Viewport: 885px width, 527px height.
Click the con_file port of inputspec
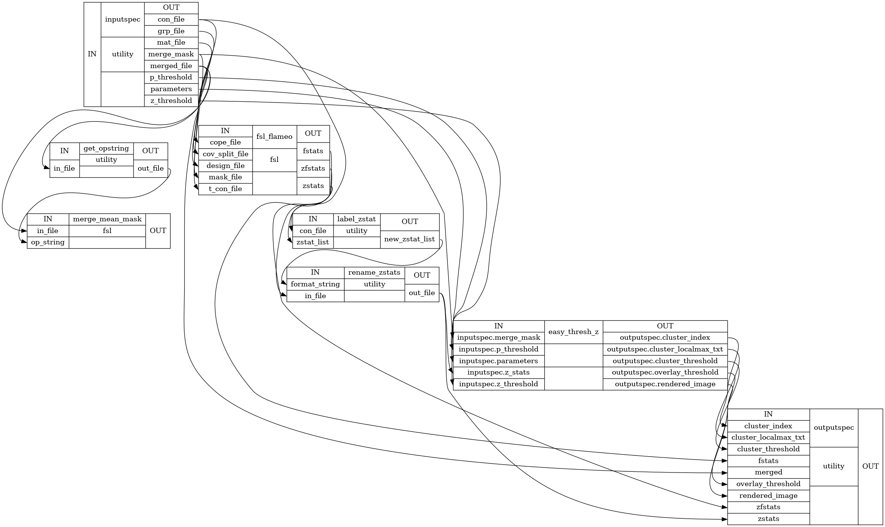(x=171, y=19)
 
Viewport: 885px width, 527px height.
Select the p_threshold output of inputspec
(x=171, y=77)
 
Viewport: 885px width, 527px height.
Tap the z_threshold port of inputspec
(x=171, y=101)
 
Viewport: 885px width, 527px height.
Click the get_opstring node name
(x=106, y=148)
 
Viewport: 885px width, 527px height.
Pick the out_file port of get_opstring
(x=151, y=168)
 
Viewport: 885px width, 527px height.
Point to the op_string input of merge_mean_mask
(x=48, y=242)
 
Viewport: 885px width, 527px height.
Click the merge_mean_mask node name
(x=107, y=219)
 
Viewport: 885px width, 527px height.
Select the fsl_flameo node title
(x=274, y=136)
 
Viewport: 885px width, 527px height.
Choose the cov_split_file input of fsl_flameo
(x=225, y=154)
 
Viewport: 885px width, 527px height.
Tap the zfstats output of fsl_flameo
(x=313, y=168)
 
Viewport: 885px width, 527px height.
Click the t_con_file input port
(x=225, y=189)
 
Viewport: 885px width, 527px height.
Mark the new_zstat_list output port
(x=410, y=239)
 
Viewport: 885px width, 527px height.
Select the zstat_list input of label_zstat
(x=313, y=242)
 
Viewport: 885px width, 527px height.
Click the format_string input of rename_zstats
(x=315, y=284)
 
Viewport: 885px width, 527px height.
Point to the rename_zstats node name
(x=374, y=272)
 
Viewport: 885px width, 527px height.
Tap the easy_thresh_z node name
(x=573, y=332)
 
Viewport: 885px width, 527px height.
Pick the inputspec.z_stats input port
(x=498, y=372)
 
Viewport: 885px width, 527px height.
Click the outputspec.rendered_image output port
(x=665, y=384)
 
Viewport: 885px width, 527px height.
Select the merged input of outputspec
(x=768, y=472)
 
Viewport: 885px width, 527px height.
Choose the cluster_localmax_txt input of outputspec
(x=768, y=437)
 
